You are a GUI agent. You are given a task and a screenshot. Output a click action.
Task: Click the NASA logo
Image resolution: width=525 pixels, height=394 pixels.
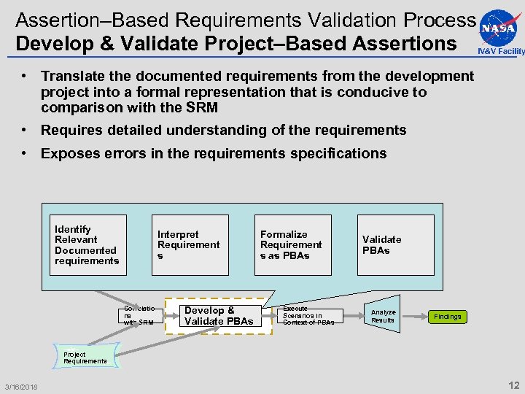point(500,26)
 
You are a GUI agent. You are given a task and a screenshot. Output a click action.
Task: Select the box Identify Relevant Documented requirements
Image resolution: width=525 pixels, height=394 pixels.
point(87,245)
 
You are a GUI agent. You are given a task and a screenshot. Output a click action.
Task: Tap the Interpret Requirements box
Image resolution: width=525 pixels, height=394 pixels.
point(190,245)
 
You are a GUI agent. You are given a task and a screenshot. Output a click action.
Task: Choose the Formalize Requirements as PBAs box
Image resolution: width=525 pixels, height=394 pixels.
point(292,245)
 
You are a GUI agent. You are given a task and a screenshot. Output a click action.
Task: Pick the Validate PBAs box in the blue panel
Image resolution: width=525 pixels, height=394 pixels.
point(394,245)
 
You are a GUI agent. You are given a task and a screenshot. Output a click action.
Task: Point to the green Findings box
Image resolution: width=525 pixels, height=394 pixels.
point(447,317)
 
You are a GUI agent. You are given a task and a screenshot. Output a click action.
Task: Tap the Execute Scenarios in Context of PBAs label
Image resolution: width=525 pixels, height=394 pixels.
point(308,316)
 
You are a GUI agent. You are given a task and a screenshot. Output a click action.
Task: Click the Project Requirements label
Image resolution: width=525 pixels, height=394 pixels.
point(85,358)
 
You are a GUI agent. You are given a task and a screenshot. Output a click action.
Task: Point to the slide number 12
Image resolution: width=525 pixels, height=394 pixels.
point(513,385)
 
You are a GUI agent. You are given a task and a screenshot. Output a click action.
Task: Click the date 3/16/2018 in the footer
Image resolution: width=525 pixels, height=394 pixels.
point(21,386)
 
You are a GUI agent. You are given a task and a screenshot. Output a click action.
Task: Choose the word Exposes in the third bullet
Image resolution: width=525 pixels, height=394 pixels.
point(68,153)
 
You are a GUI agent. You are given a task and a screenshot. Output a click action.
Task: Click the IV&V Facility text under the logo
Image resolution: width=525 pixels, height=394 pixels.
point(501,51)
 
